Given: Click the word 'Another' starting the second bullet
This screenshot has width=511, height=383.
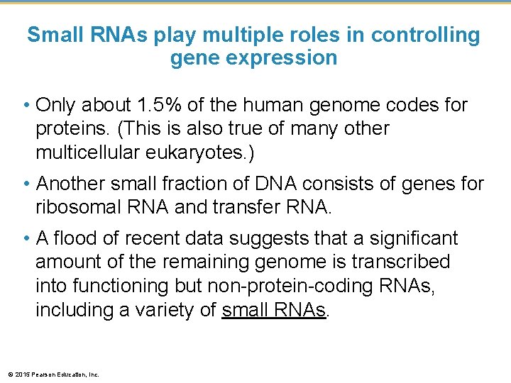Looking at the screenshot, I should (77, 184).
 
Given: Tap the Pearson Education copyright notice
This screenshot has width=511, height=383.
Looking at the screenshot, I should (53, 374).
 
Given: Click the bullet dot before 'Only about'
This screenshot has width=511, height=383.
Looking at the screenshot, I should (27, 106).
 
